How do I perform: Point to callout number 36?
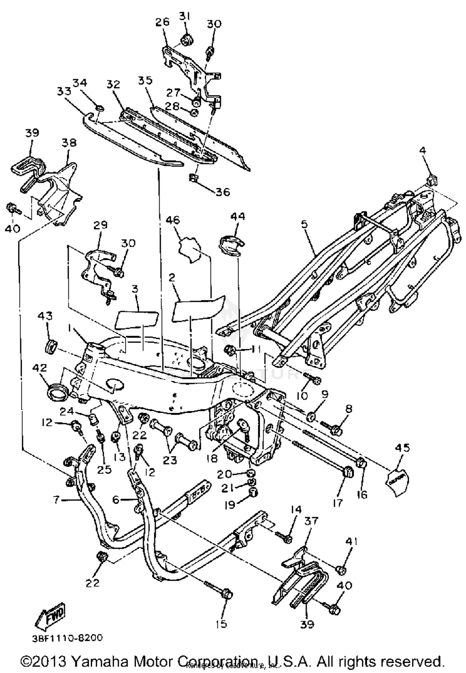(223, 192)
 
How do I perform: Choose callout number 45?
(403, 448)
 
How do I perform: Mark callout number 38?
(69, 143)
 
